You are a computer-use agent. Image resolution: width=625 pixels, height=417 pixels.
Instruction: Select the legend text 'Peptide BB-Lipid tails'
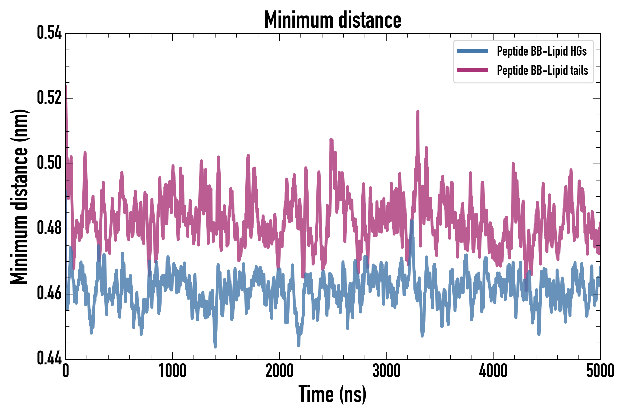click(x=542, y=70)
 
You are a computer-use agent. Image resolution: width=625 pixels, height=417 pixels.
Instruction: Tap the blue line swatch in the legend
click(x=472, y=51)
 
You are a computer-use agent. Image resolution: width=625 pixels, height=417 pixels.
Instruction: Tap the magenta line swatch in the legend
click(x=472, y=70)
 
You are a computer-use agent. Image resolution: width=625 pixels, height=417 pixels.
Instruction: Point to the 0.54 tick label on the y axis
click(x=49, y=33)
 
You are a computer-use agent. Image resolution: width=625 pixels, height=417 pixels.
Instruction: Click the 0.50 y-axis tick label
click(x=49, y=163)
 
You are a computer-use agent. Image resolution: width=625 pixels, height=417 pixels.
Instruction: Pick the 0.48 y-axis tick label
click(x=49, y=228)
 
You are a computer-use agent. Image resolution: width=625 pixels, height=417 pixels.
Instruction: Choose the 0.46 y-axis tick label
click(x=49, y=293)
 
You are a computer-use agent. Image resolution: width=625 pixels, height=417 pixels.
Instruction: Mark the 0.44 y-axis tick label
click(x=49, y=358)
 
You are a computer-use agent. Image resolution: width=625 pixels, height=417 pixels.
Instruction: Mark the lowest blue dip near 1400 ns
click(x=215, y=347)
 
